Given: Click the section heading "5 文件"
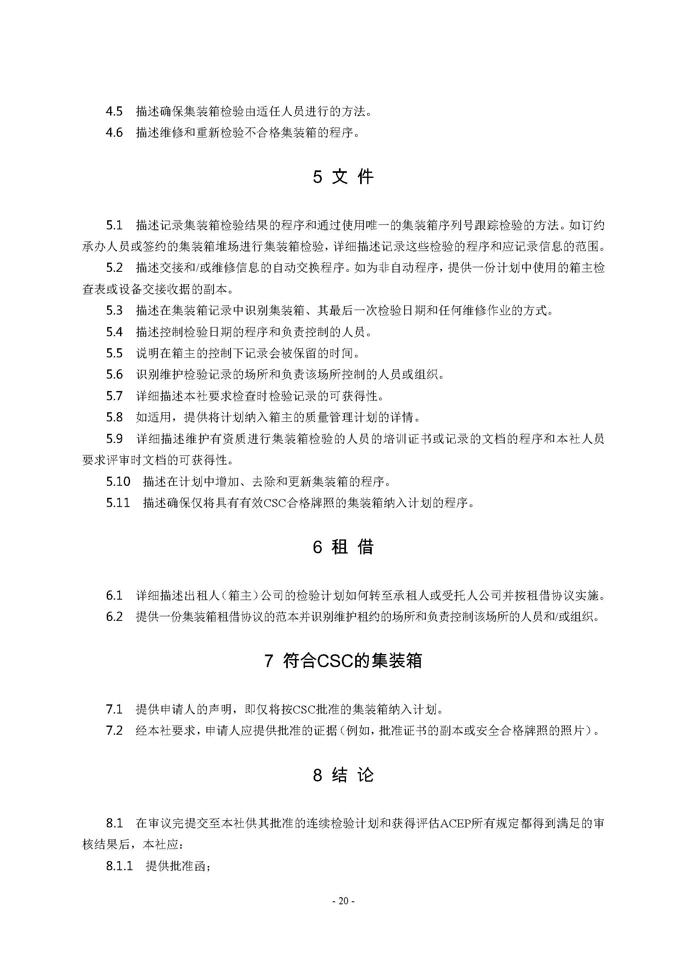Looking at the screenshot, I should [343, 177].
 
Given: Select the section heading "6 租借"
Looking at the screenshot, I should [343, 547].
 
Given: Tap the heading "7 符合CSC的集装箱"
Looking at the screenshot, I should [343, 660].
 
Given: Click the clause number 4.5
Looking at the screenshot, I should [114, 111].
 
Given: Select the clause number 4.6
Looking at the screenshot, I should [114, 133].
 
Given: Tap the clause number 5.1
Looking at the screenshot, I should [114, 225].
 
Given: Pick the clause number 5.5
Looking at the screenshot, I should [114, 353].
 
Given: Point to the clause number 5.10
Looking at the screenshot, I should [118, 481].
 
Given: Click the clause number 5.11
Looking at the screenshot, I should [118, 502].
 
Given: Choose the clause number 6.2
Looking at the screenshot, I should [114, 617].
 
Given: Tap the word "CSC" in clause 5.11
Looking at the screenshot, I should [275, 503].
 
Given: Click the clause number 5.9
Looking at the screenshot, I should [114, 438].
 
